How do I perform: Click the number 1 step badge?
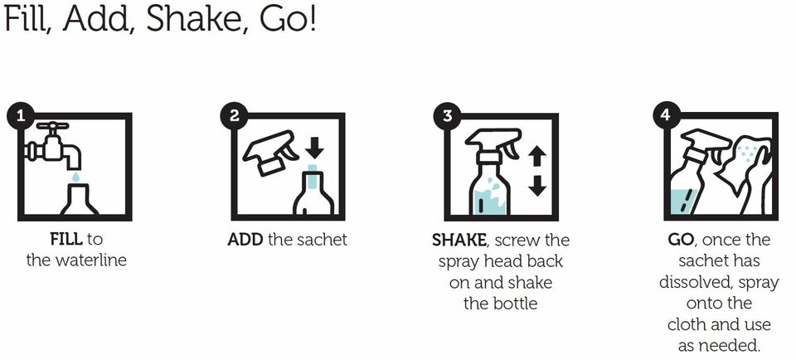(x=20, y=116)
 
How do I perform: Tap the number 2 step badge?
(x=234, y=116)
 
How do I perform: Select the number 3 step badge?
(x=447, y=116)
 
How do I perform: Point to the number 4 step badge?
(x=666, y=116)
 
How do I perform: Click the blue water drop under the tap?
(x=75, y=177)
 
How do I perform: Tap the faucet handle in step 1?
(x=52, y=125)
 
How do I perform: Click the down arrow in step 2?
(x=315, y=148)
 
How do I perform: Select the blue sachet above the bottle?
(x=313, y=169)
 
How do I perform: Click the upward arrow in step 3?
(x=536, y=157)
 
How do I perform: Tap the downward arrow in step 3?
(x=536, y=185)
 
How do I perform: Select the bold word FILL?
(x=66, y=239)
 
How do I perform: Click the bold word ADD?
(x=245, y=239)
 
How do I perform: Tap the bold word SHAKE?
(x=459, y=241)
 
